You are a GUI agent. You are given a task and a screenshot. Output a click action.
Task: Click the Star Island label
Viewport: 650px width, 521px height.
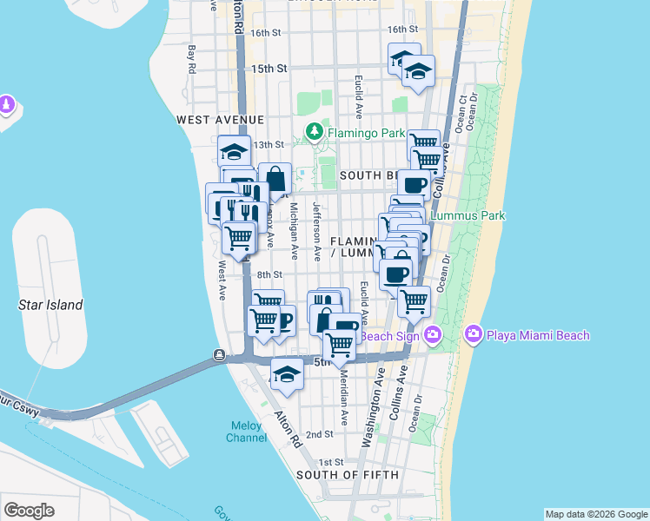point(51,305)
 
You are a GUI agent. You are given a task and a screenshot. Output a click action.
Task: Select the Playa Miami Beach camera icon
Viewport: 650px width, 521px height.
point(474,334)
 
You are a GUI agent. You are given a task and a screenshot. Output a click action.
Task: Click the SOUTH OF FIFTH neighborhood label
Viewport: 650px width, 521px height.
point(348,475)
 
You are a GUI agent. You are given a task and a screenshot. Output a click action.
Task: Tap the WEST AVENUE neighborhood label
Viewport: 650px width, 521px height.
point(220,119)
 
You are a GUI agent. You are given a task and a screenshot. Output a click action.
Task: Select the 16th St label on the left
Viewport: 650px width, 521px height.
point(266,33)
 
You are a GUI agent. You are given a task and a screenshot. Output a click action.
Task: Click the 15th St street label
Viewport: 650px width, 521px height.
point(269,68)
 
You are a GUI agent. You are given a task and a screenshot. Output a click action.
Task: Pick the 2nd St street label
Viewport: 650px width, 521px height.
point(319,434)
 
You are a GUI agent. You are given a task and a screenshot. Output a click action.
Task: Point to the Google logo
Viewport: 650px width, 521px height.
point(30,510)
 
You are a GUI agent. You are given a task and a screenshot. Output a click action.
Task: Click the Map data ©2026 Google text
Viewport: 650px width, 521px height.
point(595,514)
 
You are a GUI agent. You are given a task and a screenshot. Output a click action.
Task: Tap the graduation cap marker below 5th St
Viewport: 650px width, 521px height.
point(287,374)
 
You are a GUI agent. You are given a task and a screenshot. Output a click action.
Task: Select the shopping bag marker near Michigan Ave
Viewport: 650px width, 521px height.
point(275,180)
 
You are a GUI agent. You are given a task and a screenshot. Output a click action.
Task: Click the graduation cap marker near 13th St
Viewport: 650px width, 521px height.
point(234,150)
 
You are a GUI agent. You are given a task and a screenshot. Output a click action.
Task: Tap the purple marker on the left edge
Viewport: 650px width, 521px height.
point(7,105)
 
